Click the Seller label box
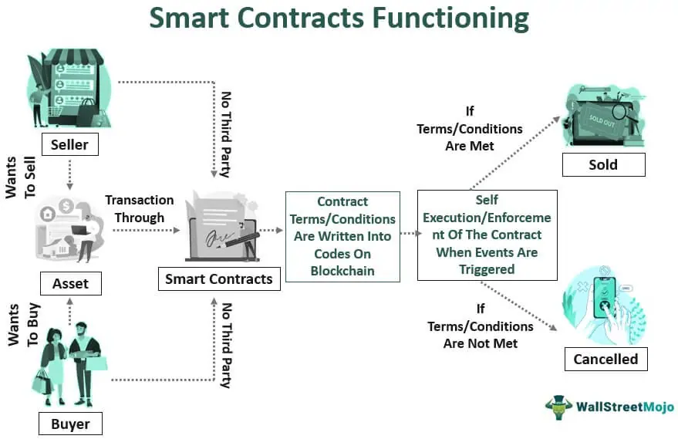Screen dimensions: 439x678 (69, 144)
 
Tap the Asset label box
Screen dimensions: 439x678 (70, 283)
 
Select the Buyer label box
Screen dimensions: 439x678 (70, 424)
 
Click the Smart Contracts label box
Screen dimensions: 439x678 (219, 279)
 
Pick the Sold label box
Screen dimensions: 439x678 (603, 164)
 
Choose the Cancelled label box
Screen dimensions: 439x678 (605, 359)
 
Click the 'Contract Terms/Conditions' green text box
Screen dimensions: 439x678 (342, 236)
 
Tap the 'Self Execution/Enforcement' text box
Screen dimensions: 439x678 (487, 235)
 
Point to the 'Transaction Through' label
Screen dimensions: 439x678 (140, 208)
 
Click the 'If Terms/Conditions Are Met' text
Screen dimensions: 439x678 (470, 129)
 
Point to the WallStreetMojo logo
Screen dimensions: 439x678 (609, 406)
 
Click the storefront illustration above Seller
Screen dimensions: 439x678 (69, 89)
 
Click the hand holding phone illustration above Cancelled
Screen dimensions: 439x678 (605, 306)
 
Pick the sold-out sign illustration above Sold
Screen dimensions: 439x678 (602, 116)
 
